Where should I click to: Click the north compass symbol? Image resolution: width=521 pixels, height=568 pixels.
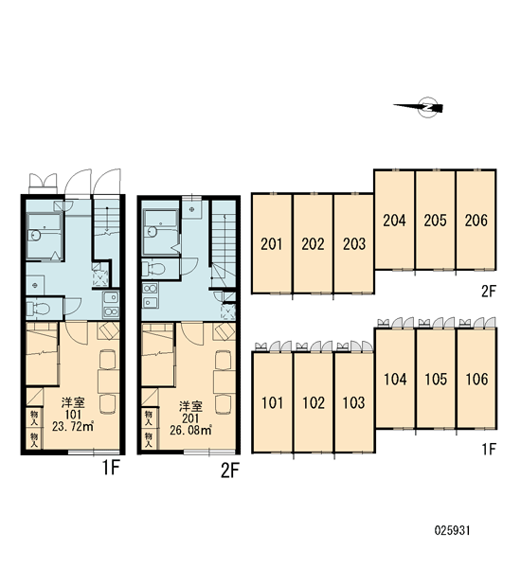pyautogui.click(x=424, y=108)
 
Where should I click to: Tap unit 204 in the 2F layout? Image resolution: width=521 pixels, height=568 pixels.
pyautogui.click(x=394, y=220)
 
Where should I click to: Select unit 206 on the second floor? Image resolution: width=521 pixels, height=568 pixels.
pyautogui.click(x=476, y=220)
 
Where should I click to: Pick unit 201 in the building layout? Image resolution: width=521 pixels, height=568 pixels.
pyautogui.click(x=272, y=244)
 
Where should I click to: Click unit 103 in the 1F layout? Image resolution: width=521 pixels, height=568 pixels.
pyautogui.click(x=354, y=402)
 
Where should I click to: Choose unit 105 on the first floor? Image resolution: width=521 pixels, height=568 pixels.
pyautogui.click(x=436, y=379)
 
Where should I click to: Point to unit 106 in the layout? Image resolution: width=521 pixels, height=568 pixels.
pyautogui.click(x=476, y=379)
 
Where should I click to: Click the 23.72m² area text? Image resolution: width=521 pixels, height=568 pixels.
pyautogui.click(x=73, y=426)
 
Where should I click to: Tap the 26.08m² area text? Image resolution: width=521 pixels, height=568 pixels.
pyautogui.click(x=190, y=431)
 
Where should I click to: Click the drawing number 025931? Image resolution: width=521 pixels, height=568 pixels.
pyautogui.click(x=452, y=531)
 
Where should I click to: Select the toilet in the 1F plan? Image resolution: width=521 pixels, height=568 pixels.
pyautogui.click(x=39, y=309)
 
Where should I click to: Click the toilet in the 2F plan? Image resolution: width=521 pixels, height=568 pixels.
pyautogui.click(x=154, y=269)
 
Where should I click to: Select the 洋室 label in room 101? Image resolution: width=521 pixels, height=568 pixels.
pyautogui.click(x=73, y=403)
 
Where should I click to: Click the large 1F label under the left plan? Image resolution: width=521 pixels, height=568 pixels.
pyautogui.click(x=111, y=468)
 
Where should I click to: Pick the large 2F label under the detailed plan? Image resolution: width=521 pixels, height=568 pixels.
pyautogui.click(x=230, y=470)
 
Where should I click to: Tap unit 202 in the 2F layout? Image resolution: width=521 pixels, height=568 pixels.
pyautogui.click(x=313, y=244)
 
